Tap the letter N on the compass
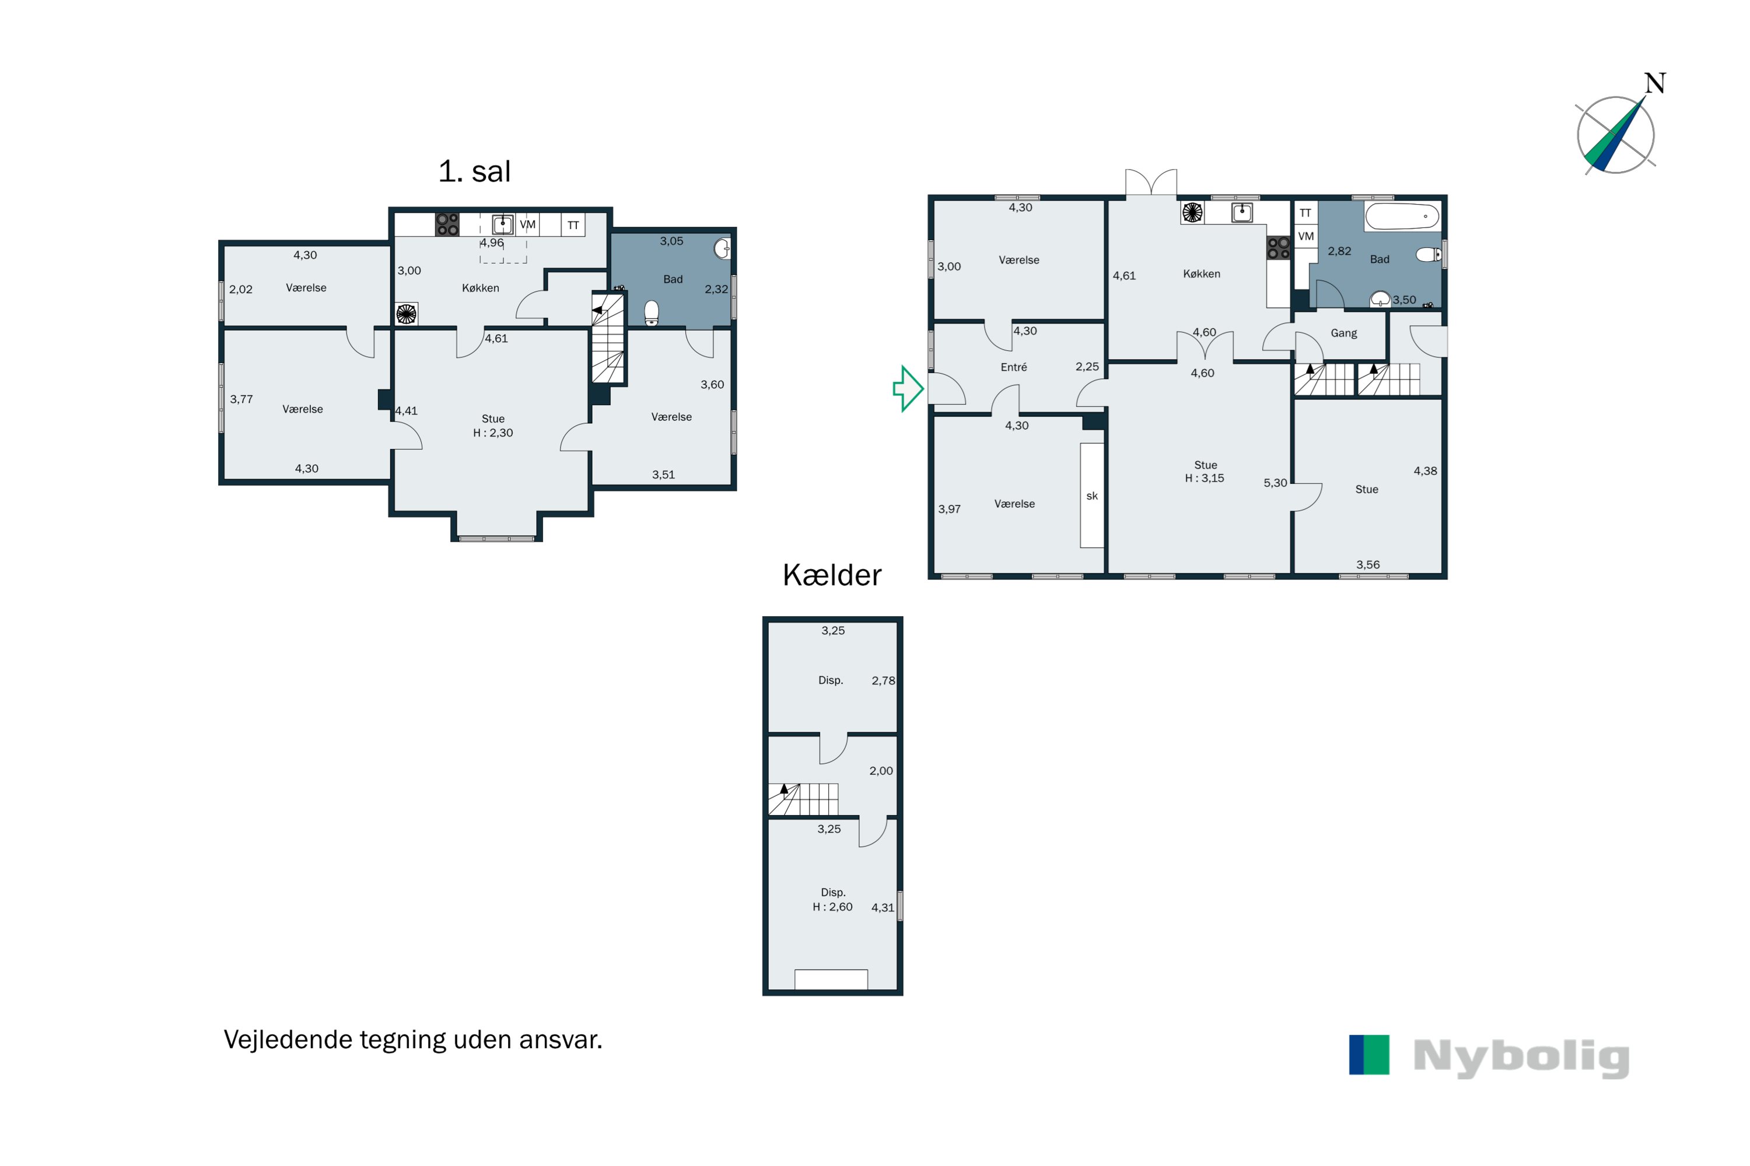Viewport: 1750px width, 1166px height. tap(1655, 83)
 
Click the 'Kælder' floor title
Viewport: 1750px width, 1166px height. tap(832, 575)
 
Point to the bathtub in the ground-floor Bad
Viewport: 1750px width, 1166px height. tap(1402, 216)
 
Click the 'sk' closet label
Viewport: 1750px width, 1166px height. tap(1091, 496)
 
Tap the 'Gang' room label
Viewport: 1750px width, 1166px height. tap(1344, 333)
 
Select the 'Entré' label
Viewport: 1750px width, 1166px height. tap(1013, 367)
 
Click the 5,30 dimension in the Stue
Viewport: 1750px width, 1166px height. tap(1275, 483)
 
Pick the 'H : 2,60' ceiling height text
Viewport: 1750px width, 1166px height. tap(832, 907)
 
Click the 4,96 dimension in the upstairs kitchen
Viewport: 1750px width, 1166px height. tap(492, 243)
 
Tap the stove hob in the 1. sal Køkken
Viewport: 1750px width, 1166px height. tap(447, 224)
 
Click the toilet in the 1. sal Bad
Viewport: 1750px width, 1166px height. tap(652, 312)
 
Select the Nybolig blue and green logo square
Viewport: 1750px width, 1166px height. tap(1369, 1055)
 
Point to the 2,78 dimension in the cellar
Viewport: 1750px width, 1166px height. tap(883, 681)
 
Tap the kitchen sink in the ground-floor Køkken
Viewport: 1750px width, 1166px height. tap(1242, 213)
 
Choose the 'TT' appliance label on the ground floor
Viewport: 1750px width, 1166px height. tap(1305, 213)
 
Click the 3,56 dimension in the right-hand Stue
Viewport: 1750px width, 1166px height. tap(1367, 565)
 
